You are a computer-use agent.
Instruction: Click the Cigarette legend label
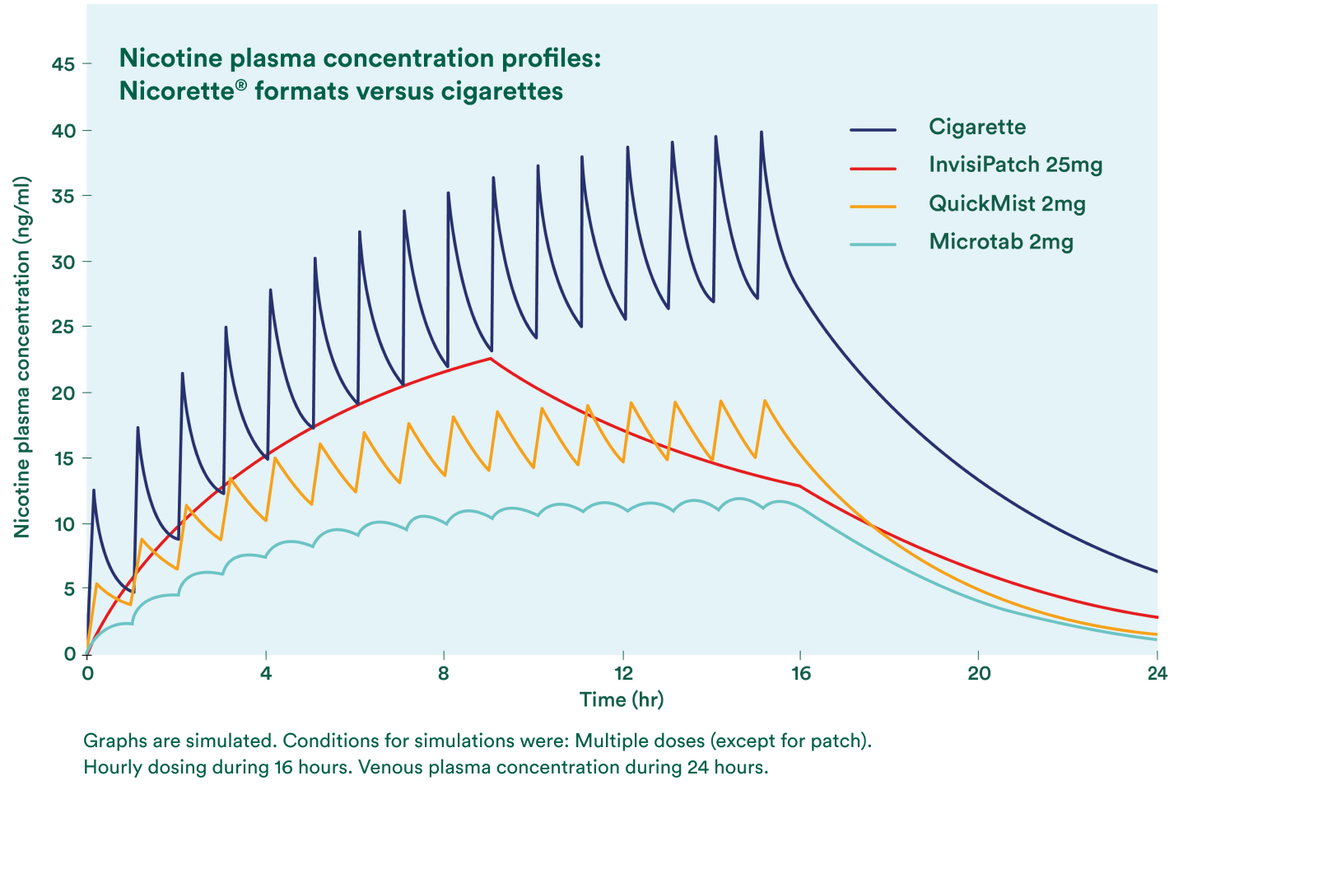coord(977,127)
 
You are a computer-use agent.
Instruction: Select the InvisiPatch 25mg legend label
coord(1015,165)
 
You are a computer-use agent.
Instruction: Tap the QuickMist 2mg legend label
coord(1007,204)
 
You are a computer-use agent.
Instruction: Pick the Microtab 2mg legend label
coord(1001,242)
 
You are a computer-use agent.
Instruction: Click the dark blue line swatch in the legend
coord(873,129)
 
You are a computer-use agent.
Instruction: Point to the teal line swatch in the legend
coord(873,244)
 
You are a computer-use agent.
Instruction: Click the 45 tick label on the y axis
coord(63,64)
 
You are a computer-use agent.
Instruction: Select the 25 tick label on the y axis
coord(63,327)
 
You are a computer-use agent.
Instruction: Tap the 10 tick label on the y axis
coord(63,524)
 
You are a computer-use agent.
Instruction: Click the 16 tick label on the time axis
coord(801,673)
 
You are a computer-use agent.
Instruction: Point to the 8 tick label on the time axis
coord(444,673)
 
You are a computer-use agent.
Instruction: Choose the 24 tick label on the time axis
coord(1158,673)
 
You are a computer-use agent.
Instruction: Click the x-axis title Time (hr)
coord(622,699)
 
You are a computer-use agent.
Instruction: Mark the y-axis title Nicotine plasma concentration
coord(21,356)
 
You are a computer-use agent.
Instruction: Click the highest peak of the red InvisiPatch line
coord(490,358)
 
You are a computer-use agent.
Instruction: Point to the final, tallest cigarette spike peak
coord(761,132)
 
